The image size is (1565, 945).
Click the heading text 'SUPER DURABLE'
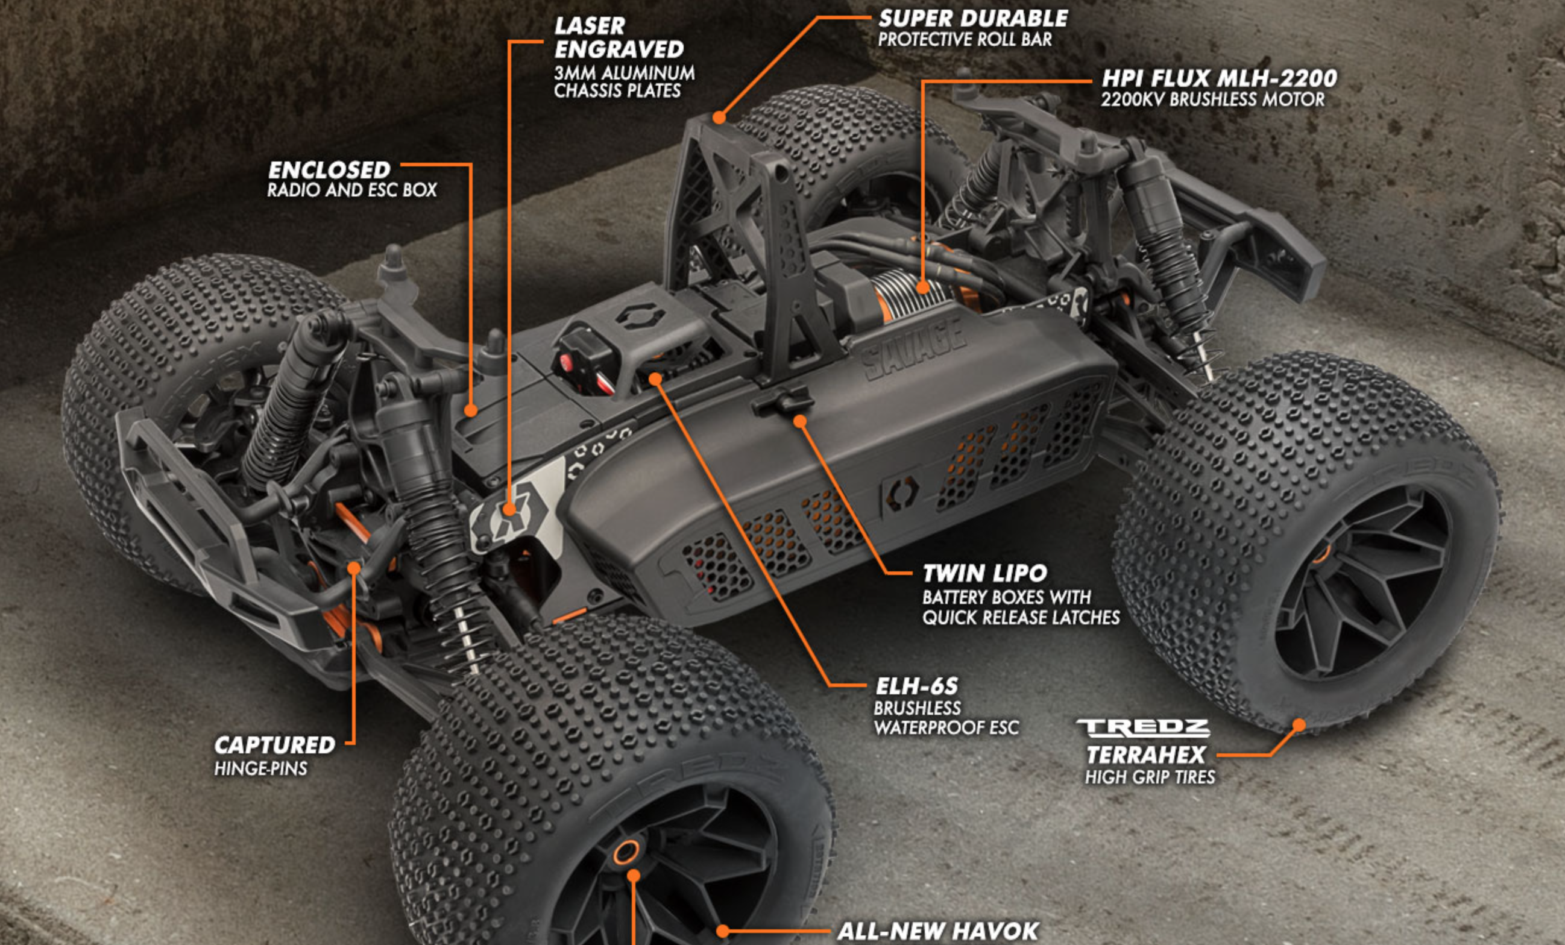pyautogui.click(x=973, y=19)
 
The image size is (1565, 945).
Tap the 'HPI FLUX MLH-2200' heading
pyautogui.click(x=1220, y=78)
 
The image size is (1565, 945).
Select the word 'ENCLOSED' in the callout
pyautogui.click(x=329, y=169)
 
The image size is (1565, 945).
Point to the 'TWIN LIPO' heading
pyautogui.click(x=984, y=574)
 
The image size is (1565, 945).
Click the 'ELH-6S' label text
pyautogui.click(x=916, y=686)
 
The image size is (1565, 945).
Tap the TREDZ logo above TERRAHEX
pyautogui.click(x=1142, y=728)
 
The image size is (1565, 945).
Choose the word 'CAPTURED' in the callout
pyautogui.click(x=274, y=745)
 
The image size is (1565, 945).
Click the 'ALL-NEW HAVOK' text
pyautogui.click(x=938, y=931)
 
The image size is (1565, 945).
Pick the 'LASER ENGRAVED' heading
pyautogui.click(x=619, y=37)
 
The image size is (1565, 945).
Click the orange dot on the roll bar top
pyautogui.click(x=719, y=118)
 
